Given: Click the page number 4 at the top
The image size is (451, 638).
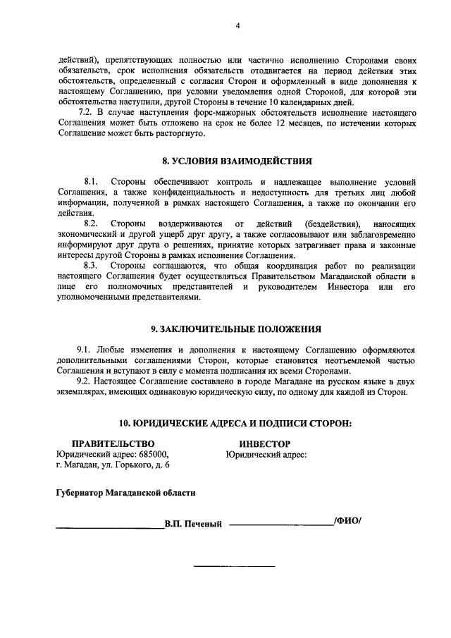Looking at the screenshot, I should click(237, 26).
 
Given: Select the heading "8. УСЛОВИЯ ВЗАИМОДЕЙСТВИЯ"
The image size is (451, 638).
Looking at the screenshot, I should click(237, 161).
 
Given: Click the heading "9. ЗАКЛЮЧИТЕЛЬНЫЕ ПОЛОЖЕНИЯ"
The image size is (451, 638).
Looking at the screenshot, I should click(237, 329).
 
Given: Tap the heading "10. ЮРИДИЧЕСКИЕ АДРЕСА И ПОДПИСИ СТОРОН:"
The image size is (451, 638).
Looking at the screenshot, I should click(237, 423).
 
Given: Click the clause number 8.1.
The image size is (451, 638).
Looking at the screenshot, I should click(90, 182).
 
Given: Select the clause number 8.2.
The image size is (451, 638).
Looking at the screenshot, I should click(90, 223).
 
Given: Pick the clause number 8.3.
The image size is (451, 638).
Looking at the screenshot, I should click(90, 265).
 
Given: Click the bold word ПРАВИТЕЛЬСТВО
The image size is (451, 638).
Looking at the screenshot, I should click(113, 443).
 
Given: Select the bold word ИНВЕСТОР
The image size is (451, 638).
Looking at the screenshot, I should click(264, 444).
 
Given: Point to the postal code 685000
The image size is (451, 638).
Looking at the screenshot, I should click(155, 455).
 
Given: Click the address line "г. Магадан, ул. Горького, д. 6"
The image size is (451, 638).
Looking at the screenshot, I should click(113, 465).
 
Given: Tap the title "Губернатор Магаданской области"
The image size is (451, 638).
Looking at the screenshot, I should click(126, 493).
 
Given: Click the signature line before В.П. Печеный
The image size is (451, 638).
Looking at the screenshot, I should click(110, 527).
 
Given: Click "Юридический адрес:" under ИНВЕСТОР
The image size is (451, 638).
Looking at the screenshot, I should click(266, 455).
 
